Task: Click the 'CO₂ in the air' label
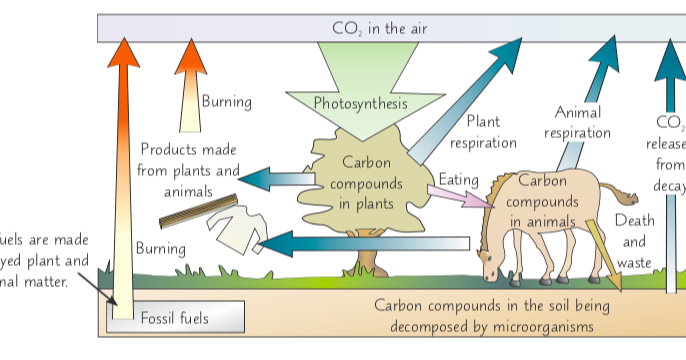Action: click(x=379, y=28)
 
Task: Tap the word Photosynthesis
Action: click(x=360, y=103)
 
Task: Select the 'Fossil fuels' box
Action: click(x=175, y=318)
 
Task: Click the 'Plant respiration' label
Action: click(x=489, y=133)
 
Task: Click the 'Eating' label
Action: click(x=460, y=180)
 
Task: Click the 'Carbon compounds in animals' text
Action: click(x=543, y=200)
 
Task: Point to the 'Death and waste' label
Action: click(x=634, y=241)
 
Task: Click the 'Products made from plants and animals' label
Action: click(x=189, y=170)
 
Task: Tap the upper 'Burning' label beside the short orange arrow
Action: click(x=226, y=101)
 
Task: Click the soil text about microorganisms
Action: click(x=489, y=315)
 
